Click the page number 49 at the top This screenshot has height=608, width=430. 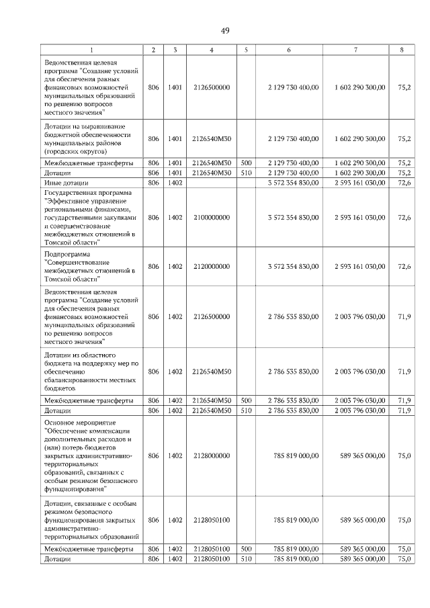pyautogui.click(x=224, y=30)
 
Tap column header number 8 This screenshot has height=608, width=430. pyautogui.click(x=401, y=50)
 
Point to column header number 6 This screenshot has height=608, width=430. pyautogui.click(x=289, y=50)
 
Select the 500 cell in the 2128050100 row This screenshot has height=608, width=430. pyautogui.click(x=246, y=549)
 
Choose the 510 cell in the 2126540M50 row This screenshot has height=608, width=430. pyautogui.click(x=246, y=410)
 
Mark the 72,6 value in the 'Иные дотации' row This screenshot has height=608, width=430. pyautogui.click(x=404, y=182)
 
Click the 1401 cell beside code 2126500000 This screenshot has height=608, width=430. pyautogui.click(x=175, y=87)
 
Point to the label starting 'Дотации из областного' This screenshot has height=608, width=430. pyautogui.click(x=81, y=353)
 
